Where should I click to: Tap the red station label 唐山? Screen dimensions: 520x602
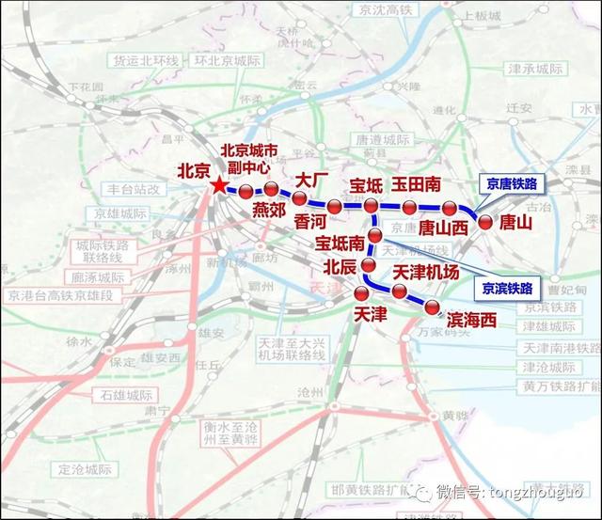coord(515,223)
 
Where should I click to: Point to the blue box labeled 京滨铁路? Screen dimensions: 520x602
coord(507,288)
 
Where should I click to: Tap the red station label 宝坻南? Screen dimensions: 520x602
coord(341,244)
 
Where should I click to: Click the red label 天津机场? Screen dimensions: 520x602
coord(424,272)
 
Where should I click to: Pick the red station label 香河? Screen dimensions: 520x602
coord(314,222)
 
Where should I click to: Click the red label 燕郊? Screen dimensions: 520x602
coord(269,211)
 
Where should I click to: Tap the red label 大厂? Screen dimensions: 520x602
coord(311,179)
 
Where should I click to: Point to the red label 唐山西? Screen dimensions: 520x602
coord(443,227)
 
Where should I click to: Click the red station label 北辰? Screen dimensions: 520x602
coord(340,267)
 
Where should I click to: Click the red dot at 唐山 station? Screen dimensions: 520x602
coord(485,223)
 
